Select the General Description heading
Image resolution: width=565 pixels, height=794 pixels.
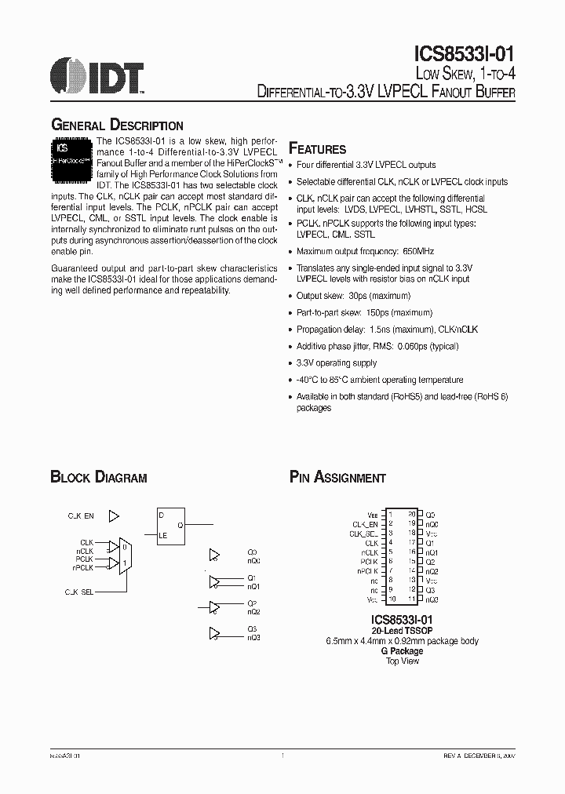(117, 126)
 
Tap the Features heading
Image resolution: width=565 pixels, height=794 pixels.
(317, 149)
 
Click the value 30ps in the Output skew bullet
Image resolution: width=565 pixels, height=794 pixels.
(365, 296)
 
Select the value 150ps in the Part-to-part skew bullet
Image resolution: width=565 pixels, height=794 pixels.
(380, 313)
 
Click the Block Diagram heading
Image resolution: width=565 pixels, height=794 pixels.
(98, 477)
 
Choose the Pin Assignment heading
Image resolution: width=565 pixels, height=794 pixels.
(337, 477)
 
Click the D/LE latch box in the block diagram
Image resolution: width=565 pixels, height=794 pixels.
(170, 526)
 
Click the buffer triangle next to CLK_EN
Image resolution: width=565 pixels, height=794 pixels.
(114, 515)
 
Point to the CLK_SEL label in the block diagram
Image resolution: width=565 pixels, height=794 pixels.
(79, 592)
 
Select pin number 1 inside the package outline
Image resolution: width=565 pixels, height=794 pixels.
(389, 515)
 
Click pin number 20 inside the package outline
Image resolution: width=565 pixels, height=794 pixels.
(410, 515)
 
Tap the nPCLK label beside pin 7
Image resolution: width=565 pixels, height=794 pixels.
(367, 571)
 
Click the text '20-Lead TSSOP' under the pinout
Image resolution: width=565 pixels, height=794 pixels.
(403, 631)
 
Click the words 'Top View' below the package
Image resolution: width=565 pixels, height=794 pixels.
(403, 661)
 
